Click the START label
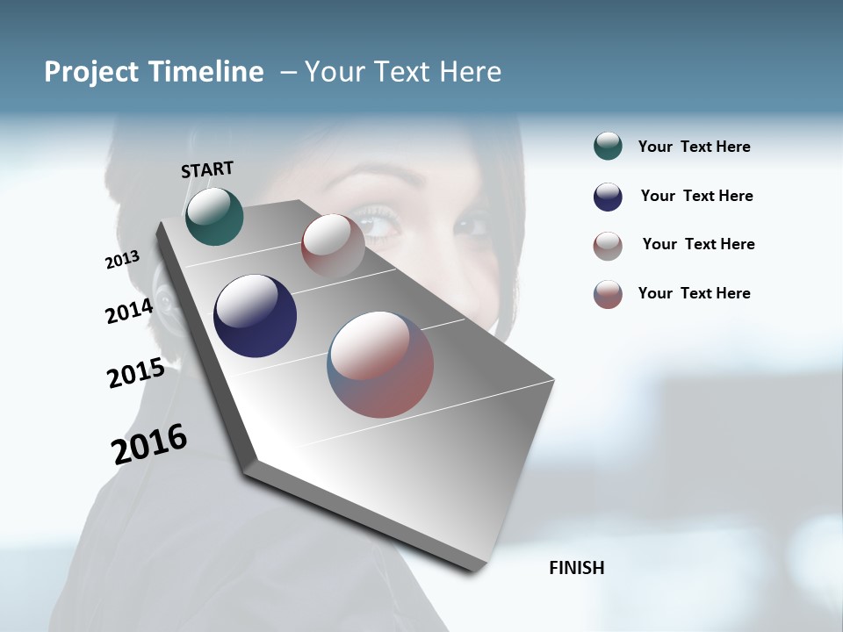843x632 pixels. point(207,169)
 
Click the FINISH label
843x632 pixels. point(576,568)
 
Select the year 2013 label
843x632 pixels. point(122,260)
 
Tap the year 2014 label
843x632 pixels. point(129,311)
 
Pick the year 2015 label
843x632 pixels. point(136,373)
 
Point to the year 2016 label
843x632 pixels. point(149,444)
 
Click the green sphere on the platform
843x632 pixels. point(214,217)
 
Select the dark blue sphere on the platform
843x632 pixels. point(255,316)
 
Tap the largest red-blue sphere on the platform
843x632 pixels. point(380,364)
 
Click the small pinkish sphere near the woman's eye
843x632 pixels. point(333,246)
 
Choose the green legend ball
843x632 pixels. point(608,147)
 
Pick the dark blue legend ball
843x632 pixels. point(608,197)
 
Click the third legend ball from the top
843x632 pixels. point(608,246)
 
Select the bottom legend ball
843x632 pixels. point(608,294)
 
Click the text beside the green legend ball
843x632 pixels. point(694,147)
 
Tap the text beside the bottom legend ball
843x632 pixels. point(694,293)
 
